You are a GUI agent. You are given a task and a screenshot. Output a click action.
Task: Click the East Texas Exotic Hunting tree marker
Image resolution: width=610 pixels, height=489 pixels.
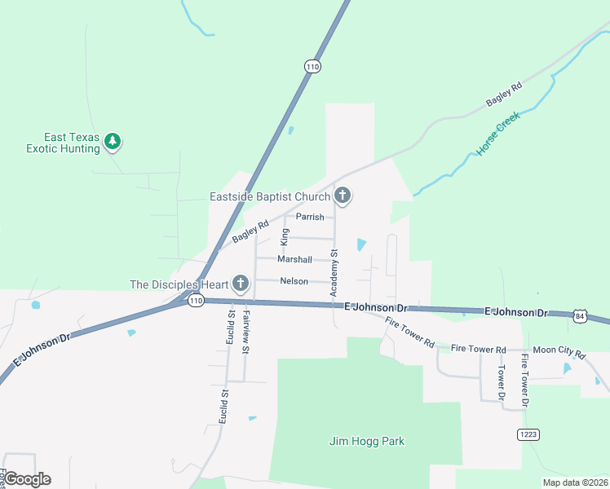point(113,143)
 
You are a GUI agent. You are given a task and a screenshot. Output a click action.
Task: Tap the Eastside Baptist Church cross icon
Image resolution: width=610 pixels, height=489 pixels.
point(343,196)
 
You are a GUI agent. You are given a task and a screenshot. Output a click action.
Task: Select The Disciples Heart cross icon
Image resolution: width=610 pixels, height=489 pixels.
point(240,284)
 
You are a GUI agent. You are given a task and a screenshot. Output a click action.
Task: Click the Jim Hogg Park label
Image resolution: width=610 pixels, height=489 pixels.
point(366,442)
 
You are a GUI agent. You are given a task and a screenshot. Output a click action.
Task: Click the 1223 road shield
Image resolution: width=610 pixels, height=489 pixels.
point(528,434)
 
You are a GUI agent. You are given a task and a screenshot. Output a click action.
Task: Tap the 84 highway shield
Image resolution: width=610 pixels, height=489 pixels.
point(579,315)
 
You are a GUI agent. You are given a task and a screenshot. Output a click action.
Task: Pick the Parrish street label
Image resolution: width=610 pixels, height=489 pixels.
point(310,217)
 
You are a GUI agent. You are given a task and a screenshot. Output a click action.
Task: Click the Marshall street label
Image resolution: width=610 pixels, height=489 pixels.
point(294,259)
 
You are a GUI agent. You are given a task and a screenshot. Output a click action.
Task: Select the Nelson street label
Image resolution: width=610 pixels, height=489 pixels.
point(294,281)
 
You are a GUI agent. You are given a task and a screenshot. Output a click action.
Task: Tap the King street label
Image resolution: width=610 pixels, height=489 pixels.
point(285,237)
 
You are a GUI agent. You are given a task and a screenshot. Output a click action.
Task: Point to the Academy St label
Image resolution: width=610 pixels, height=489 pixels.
point(334,273)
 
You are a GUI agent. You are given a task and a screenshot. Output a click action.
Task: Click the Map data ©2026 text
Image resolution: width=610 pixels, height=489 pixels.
point(574,482)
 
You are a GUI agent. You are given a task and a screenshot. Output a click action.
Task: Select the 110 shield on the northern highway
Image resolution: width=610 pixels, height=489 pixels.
point(312,66)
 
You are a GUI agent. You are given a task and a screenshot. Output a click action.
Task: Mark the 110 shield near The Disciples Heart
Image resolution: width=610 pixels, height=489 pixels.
point(195,301)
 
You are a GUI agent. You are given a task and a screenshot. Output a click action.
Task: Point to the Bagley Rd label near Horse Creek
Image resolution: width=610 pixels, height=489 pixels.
point(503,95)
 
